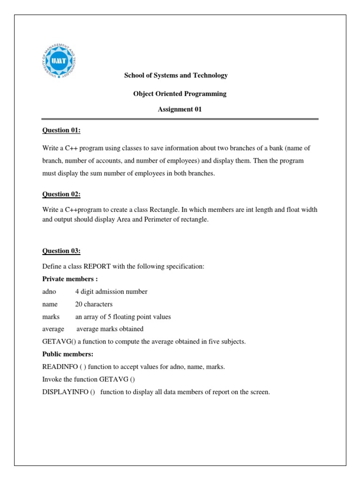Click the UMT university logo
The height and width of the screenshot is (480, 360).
[x=59, y=61]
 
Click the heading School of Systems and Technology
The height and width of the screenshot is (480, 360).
[x=176, y=75]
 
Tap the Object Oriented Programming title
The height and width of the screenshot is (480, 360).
[x=180, y=94]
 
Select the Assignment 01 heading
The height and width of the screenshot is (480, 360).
[x=180, y=109]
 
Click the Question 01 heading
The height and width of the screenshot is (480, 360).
[x=61, y=130]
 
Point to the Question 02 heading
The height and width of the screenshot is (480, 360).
[x=61, y=194]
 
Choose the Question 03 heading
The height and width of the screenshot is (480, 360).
[x=61, y=251]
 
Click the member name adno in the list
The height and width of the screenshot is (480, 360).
[x=49, y=292]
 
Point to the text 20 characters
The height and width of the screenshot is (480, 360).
[x=94, y=304]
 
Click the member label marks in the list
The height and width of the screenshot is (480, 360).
[x=50, y=317]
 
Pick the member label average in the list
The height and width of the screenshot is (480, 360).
[x=53, y=329]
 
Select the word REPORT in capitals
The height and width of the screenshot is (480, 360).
[x=97, y=266]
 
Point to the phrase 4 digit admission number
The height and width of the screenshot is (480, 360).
[x=111, y=292]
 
